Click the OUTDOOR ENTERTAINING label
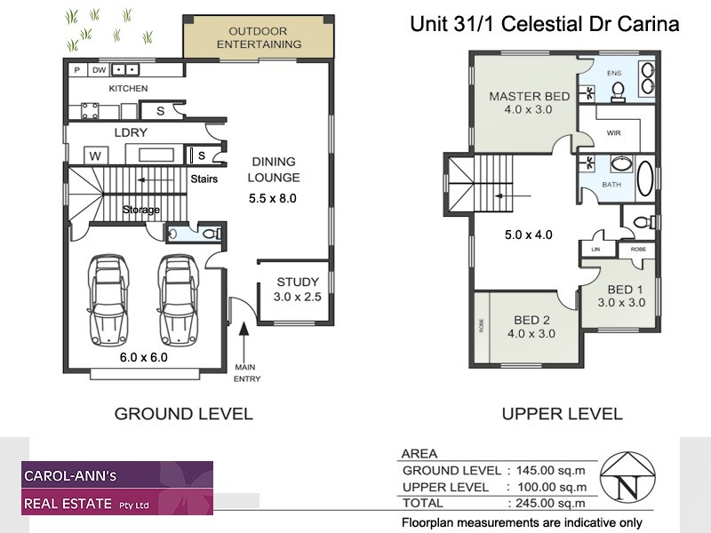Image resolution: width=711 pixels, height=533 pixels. pyautogui.click(x=259, y=37)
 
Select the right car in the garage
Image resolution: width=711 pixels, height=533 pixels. pyautogui.click(x=177, y=301)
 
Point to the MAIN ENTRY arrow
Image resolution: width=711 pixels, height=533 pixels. pyautogui.click(x=245, y=341)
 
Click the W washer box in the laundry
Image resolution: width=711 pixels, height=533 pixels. pyautogui.click(x=95, y=155)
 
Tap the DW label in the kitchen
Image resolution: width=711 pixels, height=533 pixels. pyautogui.click(x=100, y=69)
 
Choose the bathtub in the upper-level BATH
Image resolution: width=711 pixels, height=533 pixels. pyautogui.click(x=643, y=176)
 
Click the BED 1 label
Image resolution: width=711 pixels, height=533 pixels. pyautogui.click(x=626, y=290)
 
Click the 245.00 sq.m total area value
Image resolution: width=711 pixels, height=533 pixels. pyautogui.click(x=547, y=503)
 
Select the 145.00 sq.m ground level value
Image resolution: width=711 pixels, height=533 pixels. pyautogui.click(x=547, y=471)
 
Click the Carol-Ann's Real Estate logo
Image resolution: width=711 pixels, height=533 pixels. pyautogui.click(x=117, y=488)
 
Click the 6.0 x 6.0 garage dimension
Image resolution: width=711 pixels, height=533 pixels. pyautogui.click(x=143, y=358)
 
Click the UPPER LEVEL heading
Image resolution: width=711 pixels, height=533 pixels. pyautogui.click(x=562, y=413)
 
